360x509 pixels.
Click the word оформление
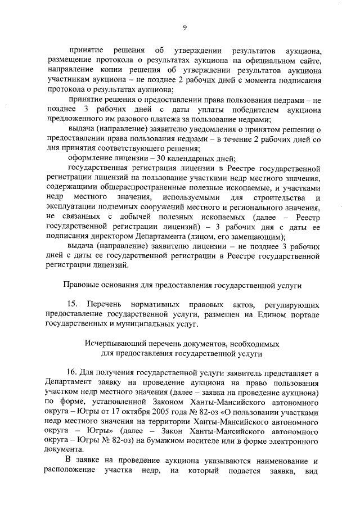pyautogui.click(x=92, y=158)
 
